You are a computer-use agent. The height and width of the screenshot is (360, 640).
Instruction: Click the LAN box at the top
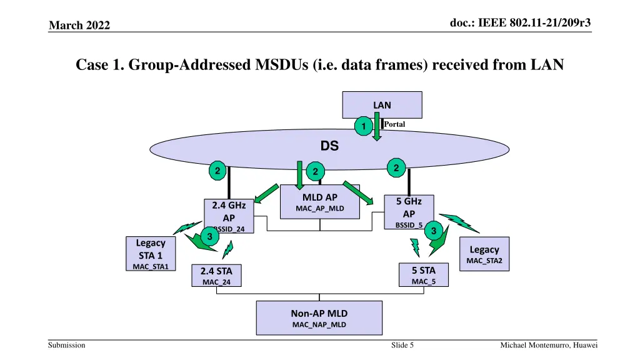[x=382, y=104]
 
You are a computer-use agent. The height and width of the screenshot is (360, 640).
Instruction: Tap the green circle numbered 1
[x=361, y=127]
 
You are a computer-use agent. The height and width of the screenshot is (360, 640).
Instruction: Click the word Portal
[x=394, y=124]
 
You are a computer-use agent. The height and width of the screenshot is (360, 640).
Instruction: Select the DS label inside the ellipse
[x=329, y=146]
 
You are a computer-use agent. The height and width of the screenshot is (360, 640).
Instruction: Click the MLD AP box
[x=320, y=202]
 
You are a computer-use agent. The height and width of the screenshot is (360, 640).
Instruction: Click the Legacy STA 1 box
[x=151, y=254]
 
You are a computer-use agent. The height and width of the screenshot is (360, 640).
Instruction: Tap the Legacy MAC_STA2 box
[x=484, y=254]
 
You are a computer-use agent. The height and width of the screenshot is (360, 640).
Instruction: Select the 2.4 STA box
[x=216, y=276]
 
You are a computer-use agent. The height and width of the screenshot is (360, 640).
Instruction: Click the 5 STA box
[x=423, y=275]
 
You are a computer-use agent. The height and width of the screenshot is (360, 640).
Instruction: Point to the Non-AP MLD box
[x=319, y=318]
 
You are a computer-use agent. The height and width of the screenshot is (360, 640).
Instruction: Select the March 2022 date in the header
[x=79, y=25]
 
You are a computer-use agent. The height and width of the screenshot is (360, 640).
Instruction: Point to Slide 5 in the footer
[x=402, y=346]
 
